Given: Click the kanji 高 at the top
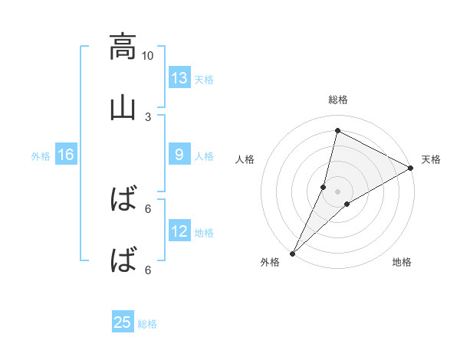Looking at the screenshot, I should pos(123,47).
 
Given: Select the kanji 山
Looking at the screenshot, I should pos(123,108).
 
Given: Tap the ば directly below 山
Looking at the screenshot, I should pos(123,201).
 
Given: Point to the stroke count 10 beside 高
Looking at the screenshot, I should pos(147,55).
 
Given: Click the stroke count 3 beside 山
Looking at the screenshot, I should pos(148,116).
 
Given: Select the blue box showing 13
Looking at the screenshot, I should pos(179,77).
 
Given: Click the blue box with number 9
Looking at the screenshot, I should pos(179,155).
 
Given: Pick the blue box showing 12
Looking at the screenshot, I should pos(179,231).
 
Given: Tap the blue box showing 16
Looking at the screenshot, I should pos(66,155).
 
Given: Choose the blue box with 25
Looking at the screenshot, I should pos(123,322).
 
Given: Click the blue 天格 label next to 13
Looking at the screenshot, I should pos(204,79).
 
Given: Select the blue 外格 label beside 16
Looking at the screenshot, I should pos(41,155).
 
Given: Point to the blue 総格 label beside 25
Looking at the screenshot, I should pos(147,324).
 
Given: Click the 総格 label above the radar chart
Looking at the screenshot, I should pos(338,100).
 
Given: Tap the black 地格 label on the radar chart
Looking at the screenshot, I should pos(402,262).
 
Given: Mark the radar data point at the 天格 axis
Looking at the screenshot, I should pos(411,169).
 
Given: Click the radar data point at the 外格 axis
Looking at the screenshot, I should pos(293,253).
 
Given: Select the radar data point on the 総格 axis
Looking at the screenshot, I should pos(337,130).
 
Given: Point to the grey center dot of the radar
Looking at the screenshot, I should pos(338,191).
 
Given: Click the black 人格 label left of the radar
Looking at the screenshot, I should pos(245,159).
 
